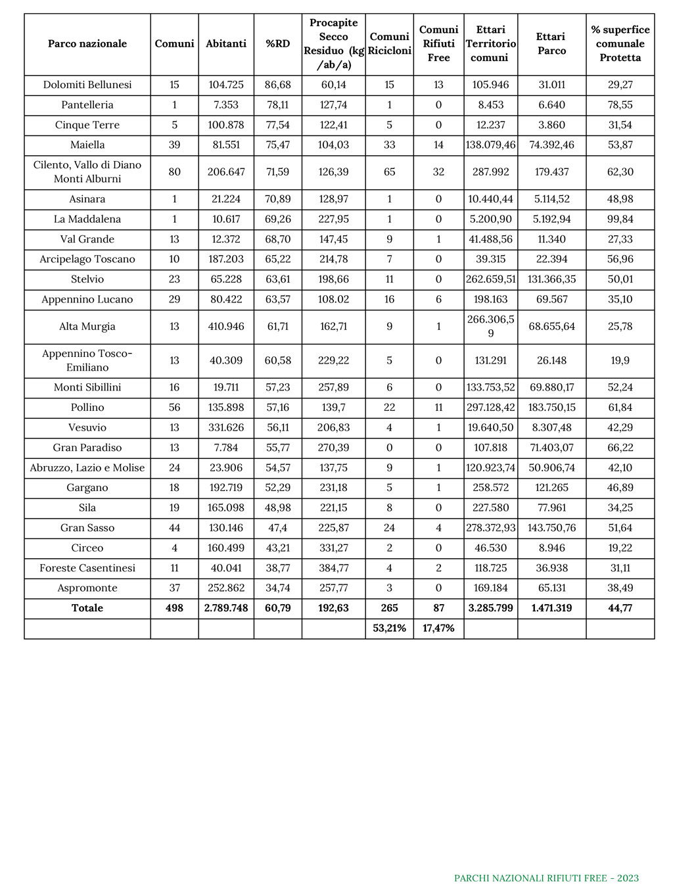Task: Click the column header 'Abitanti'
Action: [226, 44]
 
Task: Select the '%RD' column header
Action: [278, 44]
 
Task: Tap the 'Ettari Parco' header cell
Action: [551, 44]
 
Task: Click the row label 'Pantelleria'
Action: [87, 105]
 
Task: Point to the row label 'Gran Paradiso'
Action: [87, 448]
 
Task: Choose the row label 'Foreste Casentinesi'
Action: [87, 568]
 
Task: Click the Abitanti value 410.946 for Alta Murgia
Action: [226, 327]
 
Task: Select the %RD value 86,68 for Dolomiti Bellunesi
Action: [278, 85]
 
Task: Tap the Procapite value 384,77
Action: [333, 568]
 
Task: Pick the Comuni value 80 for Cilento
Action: [174, 172]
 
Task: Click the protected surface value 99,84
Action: [620, 219]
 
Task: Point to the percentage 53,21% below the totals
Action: [389, 628]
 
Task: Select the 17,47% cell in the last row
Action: [438, 628]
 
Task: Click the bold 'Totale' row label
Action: [87, 608]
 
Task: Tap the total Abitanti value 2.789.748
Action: [226, 608]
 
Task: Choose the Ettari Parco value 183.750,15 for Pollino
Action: [551, 408]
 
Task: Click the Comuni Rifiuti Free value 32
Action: [438, 172]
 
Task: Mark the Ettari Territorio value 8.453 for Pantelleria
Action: [490, 105]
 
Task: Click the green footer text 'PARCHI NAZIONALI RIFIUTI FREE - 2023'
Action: [546, 878]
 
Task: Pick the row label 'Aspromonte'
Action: [87, 588]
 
